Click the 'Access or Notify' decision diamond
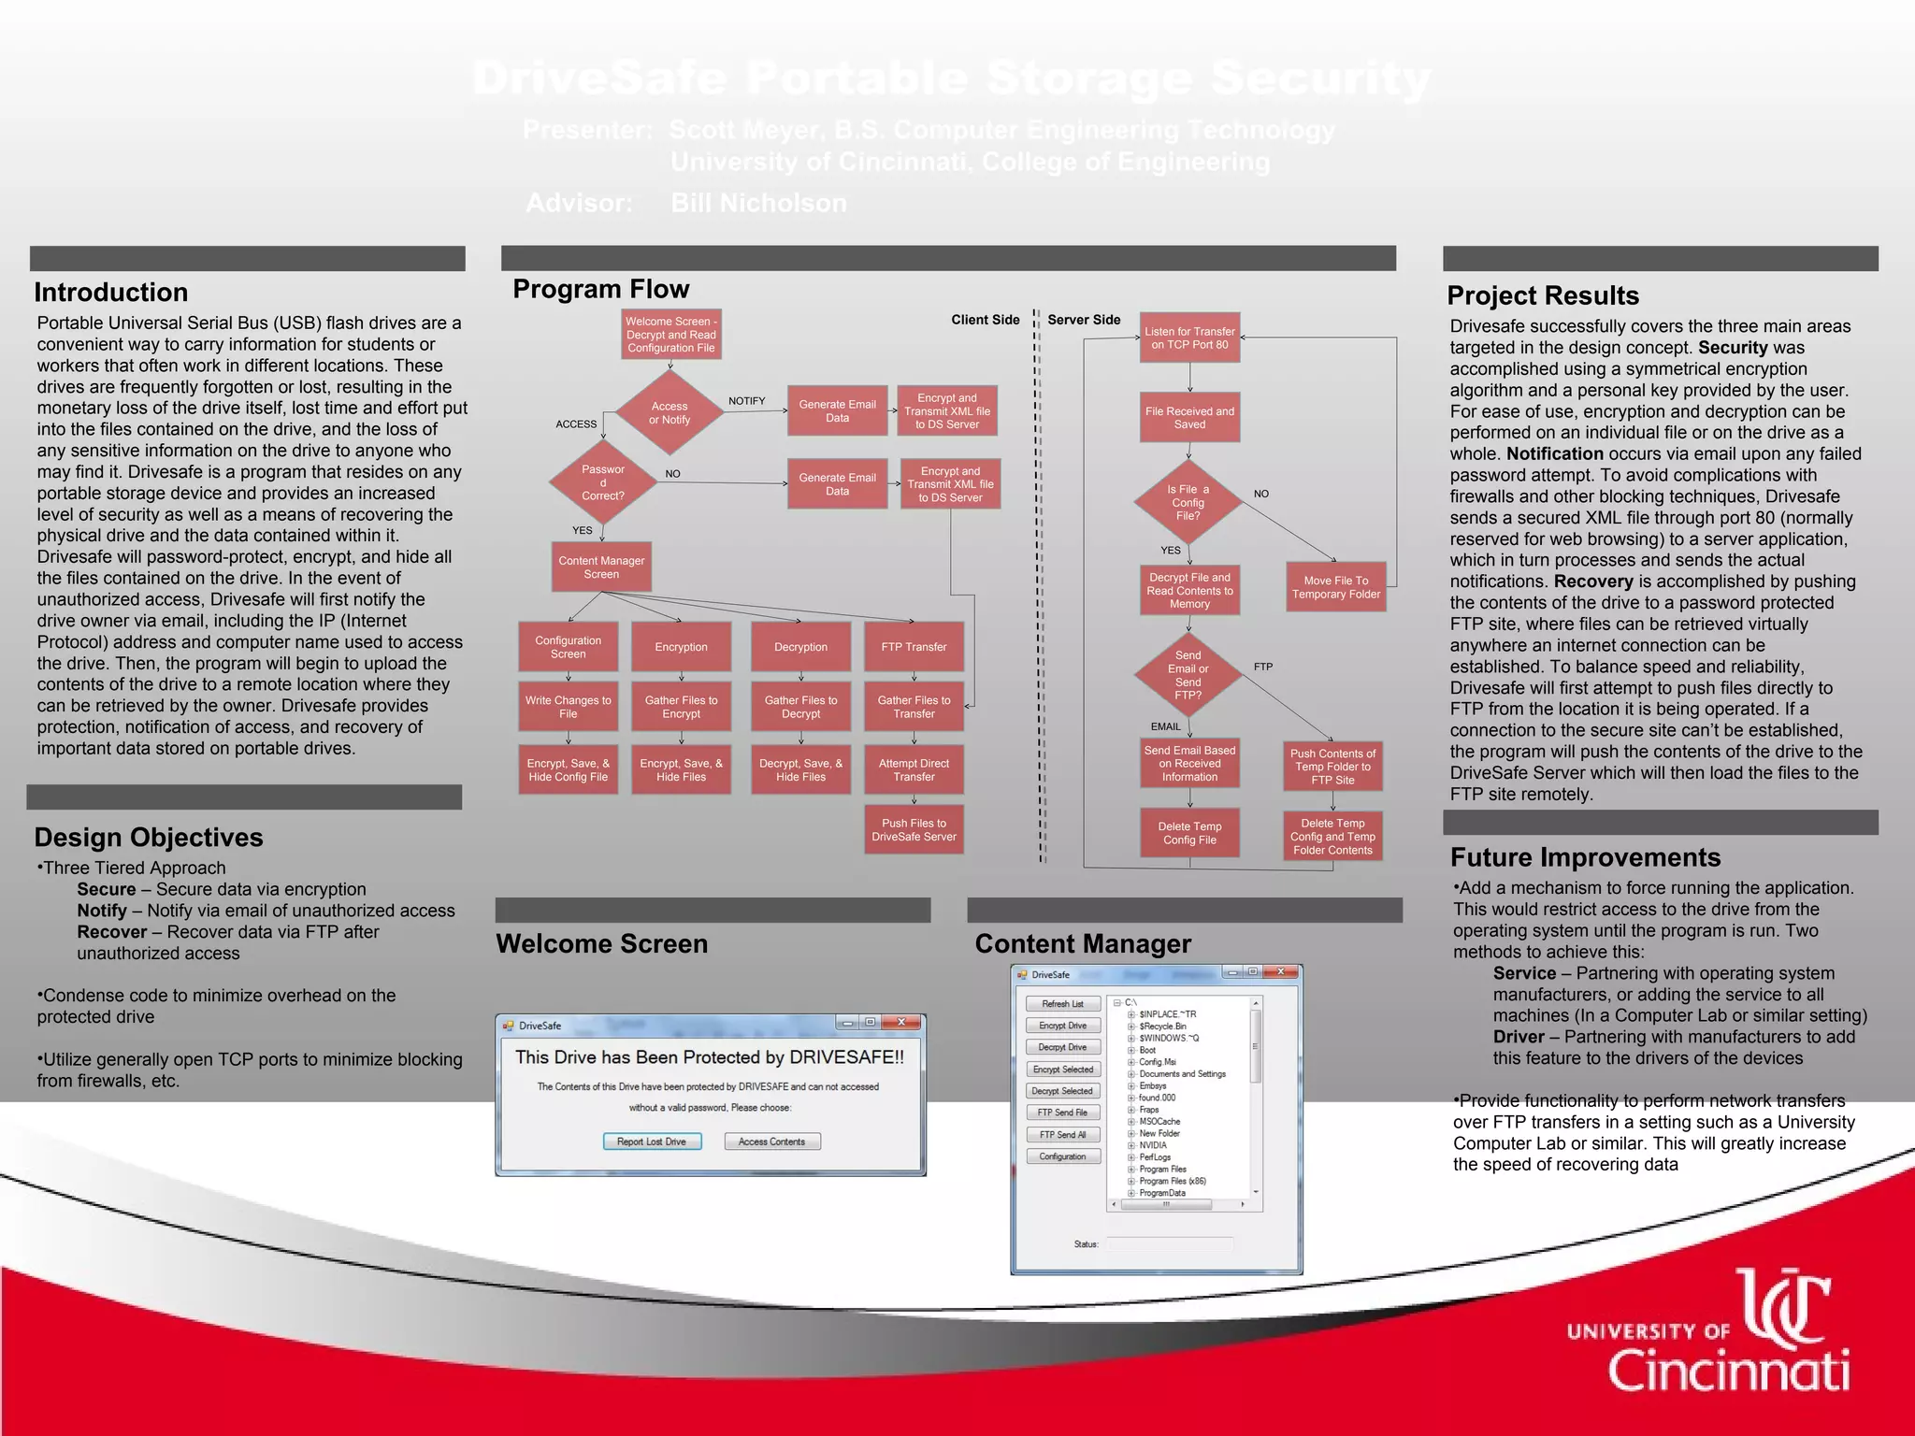pos(670,412)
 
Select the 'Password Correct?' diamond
pos(603,482)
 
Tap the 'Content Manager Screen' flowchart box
pos(601,567)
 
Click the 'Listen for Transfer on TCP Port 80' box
pos(1189,337)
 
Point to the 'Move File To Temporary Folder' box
pos(1335,587)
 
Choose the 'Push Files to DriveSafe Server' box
pos(914,830)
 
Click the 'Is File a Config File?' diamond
pos(1188,502)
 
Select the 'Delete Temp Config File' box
pos(1189,833)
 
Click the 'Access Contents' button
pos(771,1142)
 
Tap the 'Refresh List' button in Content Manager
pos(1062,1004)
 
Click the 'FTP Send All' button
pos(1062,1135)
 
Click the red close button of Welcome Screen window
pos(901,1023)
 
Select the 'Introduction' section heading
pos(111,293)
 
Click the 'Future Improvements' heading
pos(1585,857)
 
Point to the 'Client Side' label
pos(985,320)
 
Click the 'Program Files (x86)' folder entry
pos(1172,1181)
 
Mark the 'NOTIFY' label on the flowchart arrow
pos(746,401)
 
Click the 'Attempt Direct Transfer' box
pos(914,770)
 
